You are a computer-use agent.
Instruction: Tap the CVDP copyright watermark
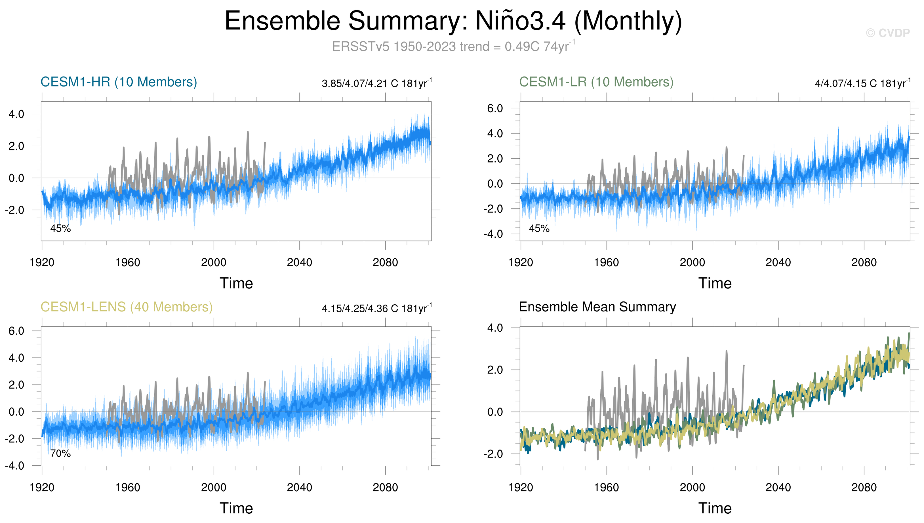[887, 33]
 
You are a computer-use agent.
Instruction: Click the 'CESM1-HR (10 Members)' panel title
[119, 82]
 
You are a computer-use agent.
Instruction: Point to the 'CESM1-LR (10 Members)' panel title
[596, 82]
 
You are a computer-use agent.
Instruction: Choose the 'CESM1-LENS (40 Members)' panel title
[127, 307]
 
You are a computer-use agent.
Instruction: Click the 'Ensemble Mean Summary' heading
[597, 307]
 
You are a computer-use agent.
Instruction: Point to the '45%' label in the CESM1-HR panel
[60, 228]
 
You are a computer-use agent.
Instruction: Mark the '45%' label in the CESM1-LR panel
[539, 228]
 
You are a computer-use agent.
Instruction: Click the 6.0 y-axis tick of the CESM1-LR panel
[495, 108]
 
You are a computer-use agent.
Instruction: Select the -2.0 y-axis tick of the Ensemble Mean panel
[493, 454]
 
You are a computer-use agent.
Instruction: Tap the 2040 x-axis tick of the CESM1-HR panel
[299, 263]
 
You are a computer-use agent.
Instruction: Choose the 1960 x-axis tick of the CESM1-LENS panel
[128, 488]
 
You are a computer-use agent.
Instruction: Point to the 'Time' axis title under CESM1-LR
[715, 283]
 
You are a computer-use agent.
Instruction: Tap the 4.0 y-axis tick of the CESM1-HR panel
[16, 115]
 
